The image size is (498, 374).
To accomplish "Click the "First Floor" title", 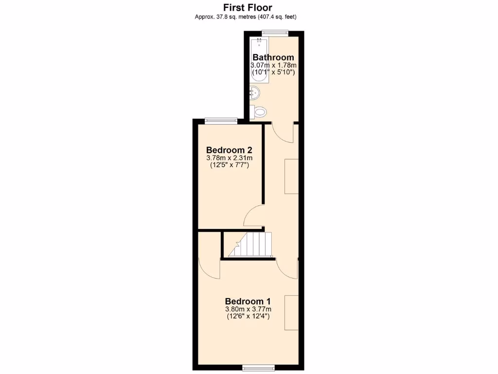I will coord(248,7).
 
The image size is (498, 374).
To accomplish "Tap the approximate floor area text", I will coord(246,17).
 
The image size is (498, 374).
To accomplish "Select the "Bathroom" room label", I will coord(273,57).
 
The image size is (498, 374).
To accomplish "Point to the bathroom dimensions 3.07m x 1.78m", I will coord(273,65).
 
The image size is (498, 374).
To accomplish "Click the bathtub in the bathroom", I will coord(259,61).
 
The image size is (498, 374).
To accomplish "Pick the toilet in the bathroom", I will coord(259,112).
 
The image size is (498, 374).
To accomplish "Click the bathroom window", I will coord(274,33).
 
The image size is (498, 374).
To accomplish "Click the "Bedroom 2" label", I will coord(229,150).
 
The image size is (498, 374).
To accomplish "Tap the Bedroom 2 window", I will coord(221,121).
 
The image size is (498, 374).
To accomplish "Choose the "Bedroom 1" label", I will coord(248,301).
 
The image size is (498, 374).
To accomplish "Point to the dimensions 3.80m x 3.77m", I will coord(248,309).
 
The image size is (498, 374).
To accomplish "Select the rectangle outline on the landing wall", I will coord(291,176).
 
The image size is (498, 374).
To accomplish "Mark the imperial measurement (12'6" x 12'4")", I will coord(248,317).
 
